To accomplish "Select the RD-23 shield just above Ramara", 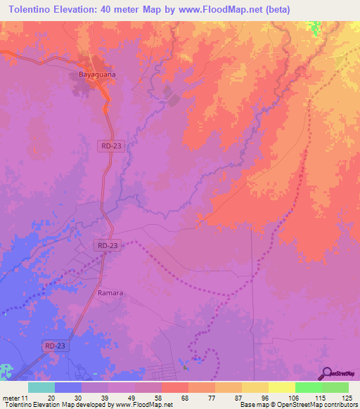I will (108, 245).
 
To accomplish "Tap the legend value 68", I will (185, 397).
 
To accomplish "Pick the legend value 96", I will (264, 397).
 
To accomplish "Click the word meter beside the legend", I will (12, 397).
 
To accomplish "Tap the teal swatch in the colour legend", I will (41, 387).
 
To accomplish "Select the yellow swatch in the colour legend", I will (281, 387).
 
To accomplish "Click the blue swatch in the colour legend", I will (67, 387).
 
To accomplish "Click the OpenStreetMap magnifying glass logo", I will (328, 374).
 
